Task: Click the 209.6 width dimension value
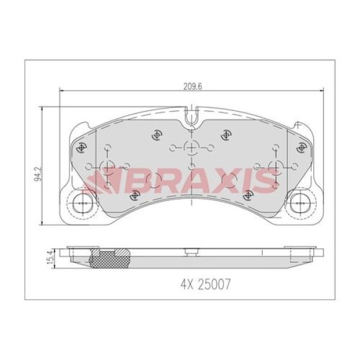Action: (191, 86)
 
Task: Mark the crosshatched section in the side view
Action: (108, 259)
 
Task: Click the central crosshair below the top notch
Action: (190, 148)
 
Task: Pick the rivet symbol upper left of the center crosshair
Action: (157, 134)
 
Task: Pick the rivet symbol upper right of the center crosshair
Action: (226, 134)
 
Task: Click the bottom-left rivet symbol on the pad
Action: (136, 193)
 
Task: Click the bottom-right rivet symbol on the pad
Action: (246, 193)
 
